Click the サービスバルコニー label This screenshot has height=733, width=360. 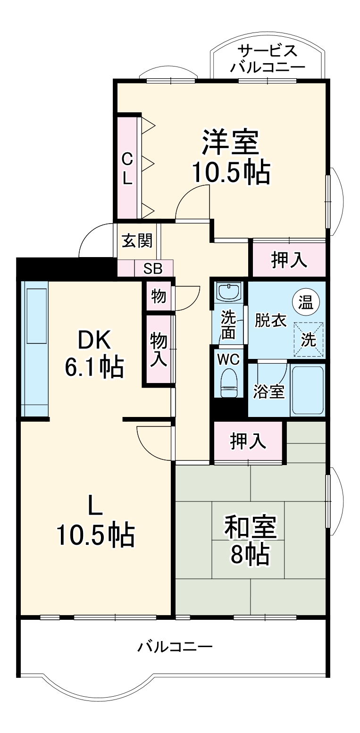click(x=268, y=58)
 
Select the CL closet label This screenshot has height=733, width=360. click(x=127, y=169)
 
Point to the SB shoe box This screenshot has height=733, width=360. click(x=153, y=269)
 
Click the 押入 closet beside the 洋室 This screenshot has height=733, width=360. click(x=289, y=260)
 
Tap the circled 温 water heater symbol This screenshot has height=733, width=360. click(x=305, y=302)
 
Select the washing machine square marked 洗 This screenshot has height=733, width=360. click(x=309, y=339)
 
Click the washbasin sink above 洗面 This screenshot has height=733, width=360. click(x=229, y=291)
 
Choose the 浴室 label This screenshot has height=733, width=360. click(x=269, y=391)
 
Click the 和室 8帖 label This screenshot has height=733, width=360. click(x=250, y=541)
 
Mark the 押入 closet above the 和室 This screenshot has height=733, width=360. click(x=248, y=441)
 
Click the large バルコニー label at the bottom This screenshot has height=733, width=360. click(x=175, y=646)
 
